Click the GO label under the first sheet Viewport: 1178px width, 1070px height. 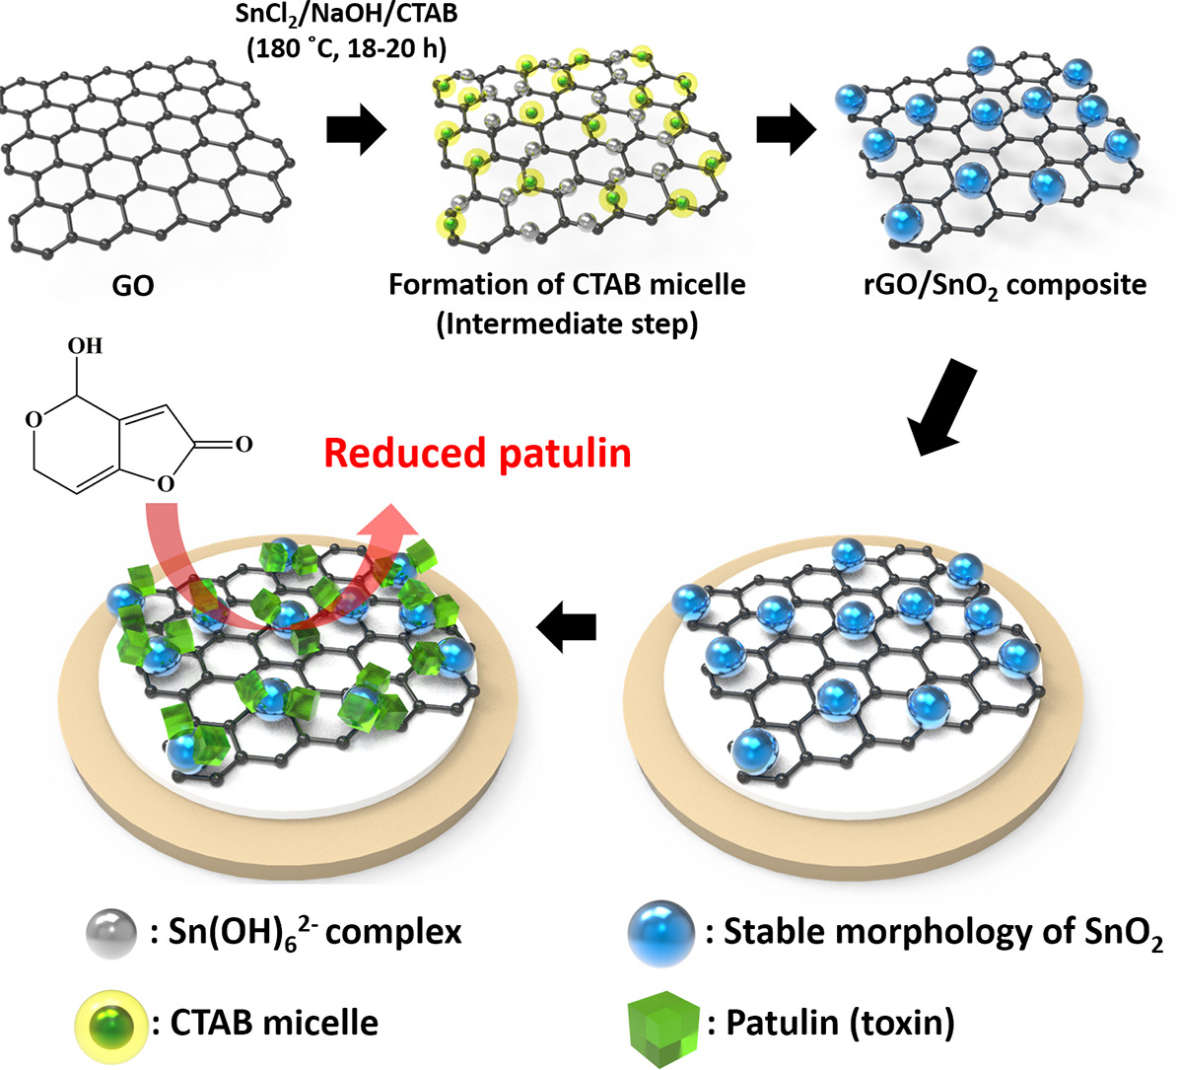point(134,287)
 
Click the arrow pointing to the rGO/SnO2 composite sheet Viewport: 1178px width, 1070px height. point(786,132)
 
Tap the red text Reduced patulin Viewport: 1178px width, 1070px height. point(477,453)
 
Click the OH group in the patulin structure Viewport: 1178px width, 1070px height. point(85,346)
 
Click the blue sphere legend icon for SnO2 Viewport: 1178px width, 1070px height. point(659,930)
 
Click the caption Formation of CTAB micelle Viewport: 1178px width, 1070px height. point(567,285)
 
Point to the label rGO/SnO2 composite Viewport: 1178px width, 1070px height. point(1001,286)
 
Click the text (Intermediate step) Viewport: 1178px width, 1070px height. point(567,323)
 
